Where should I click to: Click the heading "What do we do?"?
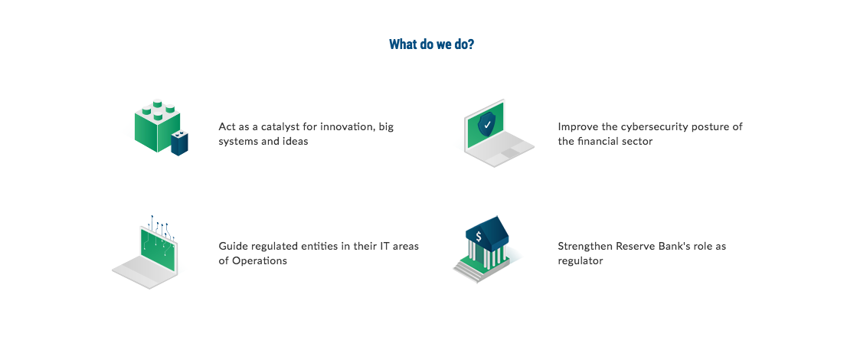[x=431, y=44]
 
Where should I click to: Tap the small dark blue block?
[x=179, y=143]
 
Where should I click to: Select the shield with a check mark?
[x=486, y=125]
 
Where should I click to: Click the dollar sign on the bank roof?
[x=478, y=237]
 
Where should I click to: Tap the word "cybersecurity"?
[x=652, y=127]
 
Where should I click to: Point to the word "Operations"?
[x=260, y=260]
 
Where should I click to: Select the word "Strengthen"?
[x=585, y=246]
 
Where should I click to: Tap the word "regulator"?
[x=581, y=261]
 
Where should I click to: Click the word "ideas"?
[x=295, y=142]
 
